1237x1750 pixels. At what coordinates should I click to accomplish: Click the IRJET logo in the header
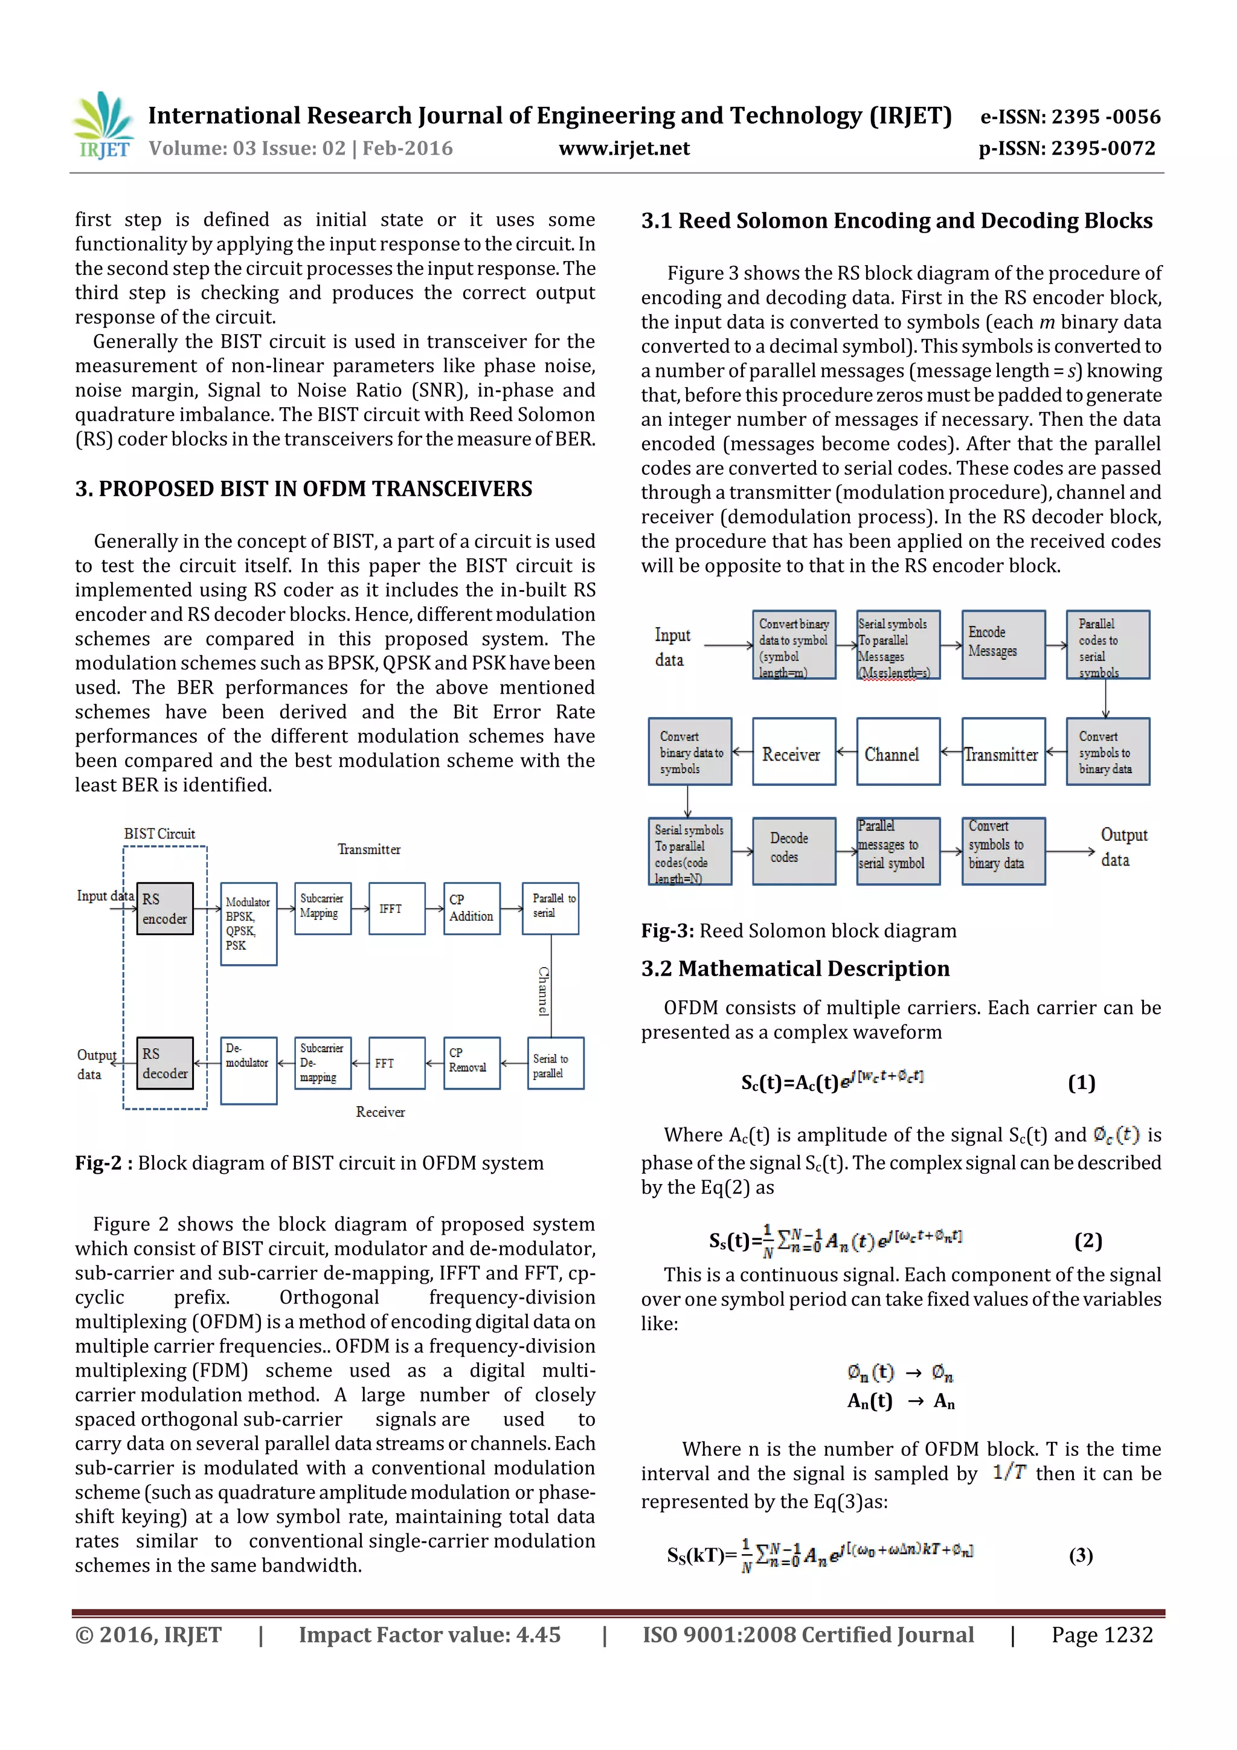(103, 126)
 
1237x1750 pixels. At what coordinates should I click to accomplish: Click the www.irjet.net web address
(623, 149)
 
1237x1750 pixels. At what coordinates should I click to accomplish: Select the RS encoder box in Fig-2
(165, 909)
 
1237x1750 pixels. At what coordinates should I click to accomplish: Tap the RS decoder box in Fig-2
(165, 1063)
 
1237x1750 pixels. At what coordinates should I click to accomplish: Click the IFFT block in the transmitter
(396, 909)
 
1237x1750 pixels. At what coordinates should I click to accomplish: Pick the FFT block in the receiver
(396, 1063)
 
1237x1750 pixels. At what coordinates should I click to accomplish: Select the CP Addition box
(472, 909)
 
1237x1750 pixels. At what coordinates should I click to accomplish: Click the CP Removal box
(472, 1063)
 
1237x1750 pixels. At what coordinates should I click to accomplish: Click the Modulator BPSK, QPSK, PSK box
(248, 924)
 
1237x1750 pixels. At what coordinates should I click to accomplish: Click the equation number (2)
(1088, 1241)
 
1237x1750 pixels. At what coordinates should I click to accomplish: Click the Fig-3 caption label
(667, 931)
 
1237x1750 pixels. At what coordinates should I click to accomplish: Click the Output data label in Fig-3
(1123, 847)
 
